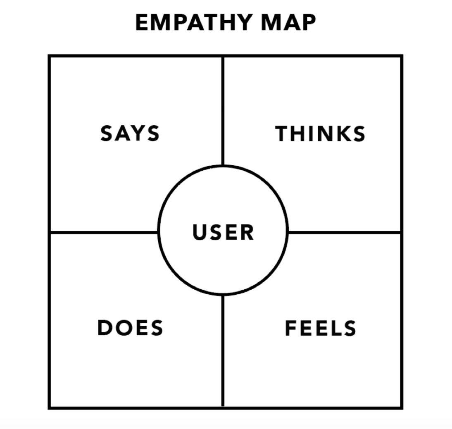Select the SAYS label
130,134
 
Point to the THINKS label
320,134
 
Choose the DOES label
130,328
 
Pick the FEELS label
320,328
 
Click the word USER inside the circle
223,232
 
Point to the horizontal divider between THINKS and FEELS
344,233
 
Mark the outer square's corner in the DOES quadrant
50,408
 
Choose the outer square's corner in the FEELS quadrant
402,408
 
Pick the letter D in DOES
105,328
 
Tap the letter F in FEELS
291,328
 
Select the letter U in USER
200,232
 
